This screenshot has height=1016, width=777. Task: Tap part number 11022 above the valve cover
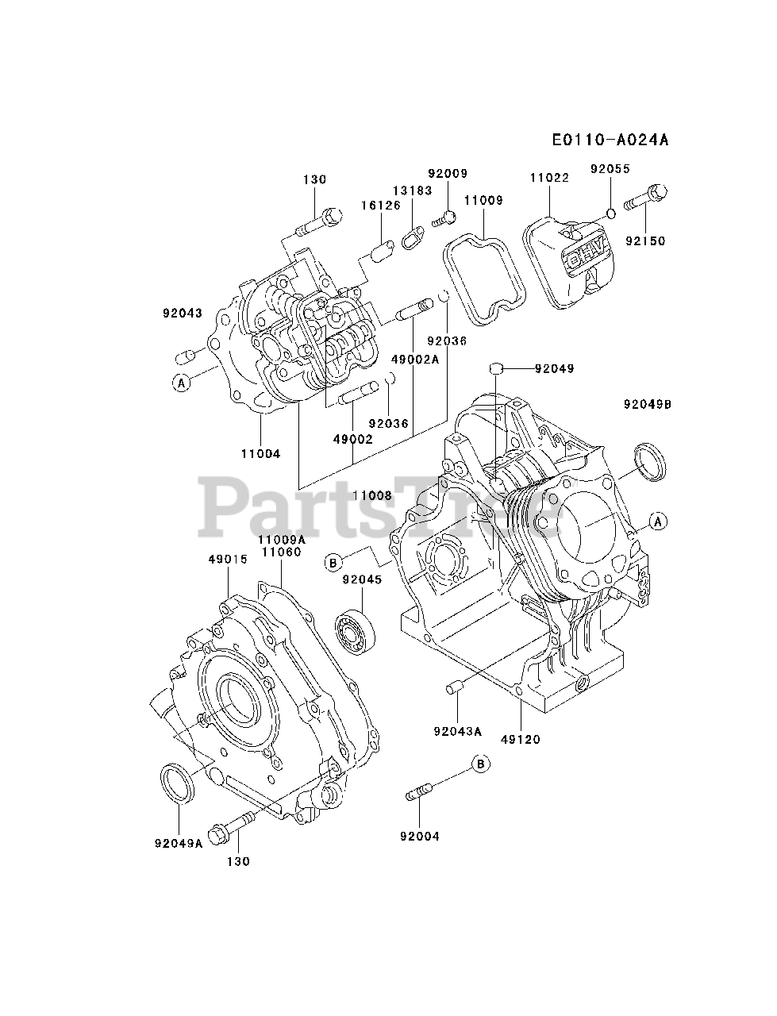tap(550, 178)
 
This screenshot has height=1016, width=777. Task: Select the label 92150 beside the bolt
tap(644, 241)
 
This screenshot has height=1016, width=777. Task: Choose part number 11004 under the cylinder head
tap(261, 453)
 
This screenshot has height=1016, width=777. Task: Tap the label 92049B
tap(648, 403)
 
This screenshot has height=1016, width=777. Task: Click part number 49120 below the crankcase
tap(521, 739)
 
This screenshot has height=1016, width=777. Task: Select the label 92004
tap(420, 835)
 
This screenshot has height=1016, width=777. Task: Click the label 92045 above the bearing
tap(362, 579)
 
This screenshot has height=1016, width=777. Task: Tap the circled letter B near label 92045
tap(333, 562)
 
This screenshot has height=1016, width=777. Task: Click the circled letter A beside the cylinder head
tap(181, 383)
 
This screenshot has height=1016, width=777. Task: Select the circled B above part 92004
tap(480, 764)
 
